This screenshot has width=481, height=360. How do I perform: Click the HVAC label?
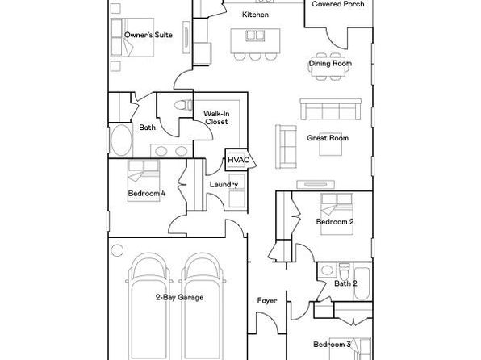pyautogui.click(x=238, y=160)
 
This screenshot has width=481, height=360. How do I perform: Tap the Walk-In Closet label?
pyautogui.click(x=216, y=118)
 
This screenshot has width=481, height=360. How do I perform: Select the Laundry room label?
pyautogui.click(x=224, y=185)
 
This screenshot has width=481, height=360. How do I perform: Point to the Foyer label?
pyautogui.click(x=267, y=301)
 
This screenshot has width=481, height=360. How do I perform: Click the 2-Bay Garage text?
pyautogui.click(x=179, y=297)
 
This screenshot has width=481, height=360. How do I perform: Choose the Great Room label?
pyautogui.click(x=328, y=138)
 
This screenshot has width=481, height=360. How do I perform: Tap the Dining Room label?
pyautogui.click(x=330, y=63)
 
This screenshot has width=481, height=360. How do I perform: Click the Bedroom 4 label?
pyautogui.click(x=147, y=194)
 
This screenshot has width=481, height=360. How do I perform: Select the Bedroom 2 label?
pyautogui.click(x=335, y=222)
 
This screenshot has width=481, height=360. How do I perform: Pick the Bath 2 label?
pyautogui.click(x=345, y=283)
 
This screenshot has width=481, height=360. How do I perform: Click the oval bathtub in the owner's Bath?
pyautogui.click(x=122, y=140)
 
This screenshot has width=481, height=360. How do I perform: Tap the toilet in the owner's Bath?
pyautogui.click(x=183, y=105)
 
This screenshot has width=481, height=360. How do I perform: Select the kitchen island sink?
pyautogui.click(x=255, y=36)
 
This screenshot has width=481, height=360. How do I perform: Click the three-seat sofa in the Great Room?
pyautogui.click(x=331, y=109)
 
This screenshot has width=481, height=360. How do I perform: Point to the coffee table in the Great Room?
pyautogui.click(x=331, y=149)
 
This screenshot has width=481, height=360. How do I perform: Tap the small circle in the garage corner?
pyautogui.click(x=117, y=250)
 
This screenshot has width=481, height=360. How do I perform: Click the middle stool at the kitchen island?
pyautogui.click(x=255, y=57)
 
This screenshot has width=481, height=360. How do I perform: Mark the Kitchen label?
pyautogui.click(x=255, y=15)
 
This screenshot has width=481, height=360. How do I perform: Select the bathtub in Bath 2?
pyautogui.click(x=362, y=283)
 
